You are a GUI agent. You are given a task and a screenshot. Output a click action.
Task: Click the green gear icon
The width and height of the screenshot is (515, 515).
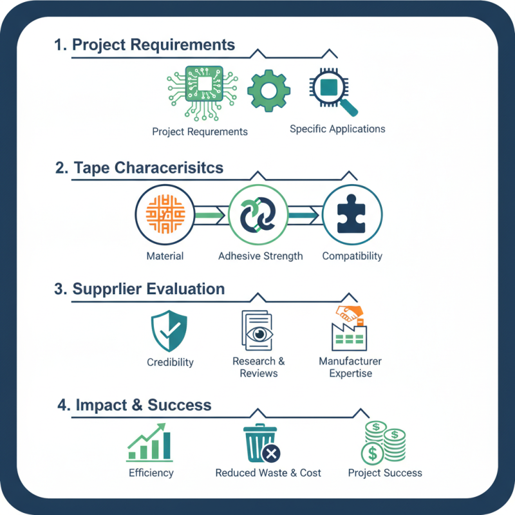(x=268, y=91)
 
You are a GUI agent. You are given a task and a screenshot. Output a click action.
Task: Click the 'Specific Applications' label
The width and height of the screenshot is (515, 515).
(x=337, y=129)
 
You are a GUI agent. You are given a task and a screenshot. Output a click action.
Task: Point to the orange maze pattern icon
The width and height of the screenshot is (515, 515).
(x=165, y=214)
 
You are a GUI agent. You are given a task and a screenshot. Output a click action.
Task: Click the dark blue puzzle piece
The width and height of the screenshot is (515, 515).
(x=351, y=214)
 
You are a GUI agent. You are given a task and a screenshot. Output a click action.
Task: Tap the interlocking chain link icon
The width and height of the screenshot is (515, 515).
(x=258, y=214)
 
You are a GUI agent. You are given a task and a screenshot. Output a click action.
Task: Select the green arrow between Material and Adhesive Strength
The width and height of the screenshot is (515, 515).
(x=210, y=216)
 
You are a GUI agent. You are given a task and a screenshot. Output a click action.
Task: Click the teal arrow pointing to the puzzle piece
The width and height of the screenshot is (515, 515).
(x=304, y=216)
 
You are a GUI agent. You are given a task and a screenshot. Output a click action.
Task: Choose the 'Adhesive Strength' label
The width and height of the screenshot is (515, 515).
(x=261, y=256)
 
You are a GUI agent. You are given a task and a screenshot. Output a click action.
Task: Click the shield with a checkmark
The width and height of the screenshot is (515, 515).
(x=169, y=331)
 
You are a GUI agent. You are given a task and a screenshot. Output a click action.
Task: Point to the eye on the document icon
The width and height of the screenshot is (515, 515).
(x=259, y=334)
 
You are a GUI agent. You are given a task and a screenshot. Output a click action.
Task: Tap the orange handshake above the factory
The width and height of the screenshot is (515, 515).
(x=349, y=313)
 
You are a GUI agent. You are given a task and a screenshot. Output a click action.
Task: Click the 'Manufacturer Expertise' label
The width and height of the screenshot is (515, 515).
(x=350, y=367)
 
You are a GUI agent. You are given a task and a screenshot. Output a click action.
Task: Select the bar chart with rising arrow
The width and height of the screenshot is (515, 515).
(x=150, y=442)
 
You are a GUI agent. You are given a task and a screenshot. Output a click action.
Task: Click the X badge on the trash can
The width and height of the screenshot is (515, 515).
(x=271, y=454)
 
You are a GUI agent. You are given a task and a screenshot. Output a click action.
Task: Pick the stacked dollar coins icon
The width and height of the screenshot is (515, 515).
(x=384, y=443)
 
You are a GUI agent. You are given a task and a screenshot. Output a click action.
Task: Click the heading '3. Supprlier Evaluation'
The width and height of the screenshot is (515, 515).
(x=140, y=289)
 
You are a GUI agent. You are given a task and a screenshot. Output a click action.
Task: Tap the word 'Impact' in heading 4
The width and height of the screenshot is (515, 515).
(x=101, y=405)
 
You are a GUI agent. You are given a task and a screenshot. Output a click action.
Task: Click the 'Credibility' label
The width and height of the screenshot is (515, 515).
(x=170, y=362)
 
